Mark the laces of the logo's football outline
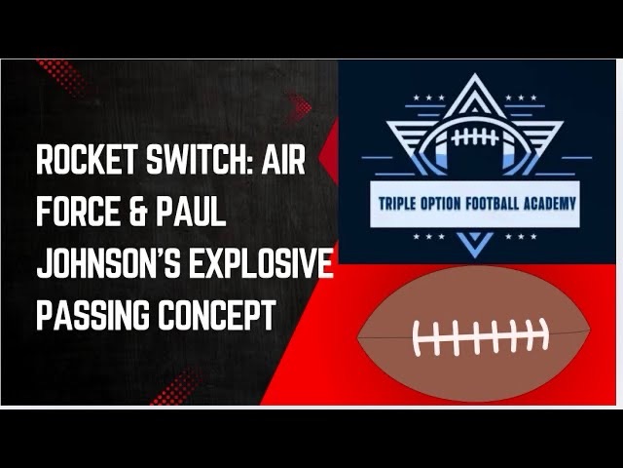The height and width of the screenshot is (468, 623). point(477,136)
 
